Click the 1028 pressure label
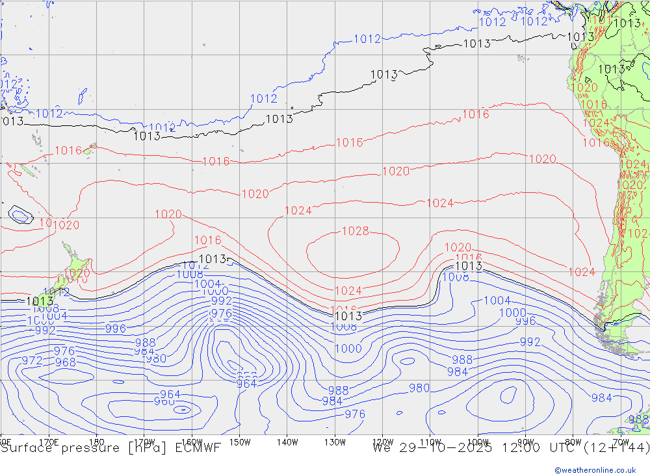pos(356,231)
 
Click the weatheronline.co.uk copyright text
pos(595,470)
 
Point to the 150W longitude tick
pos(240,442)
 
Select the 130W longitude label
pos(335,442)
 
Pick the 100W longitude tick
pos(478,442)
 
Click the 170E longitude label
pos(49,442)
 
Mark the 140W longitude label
pos(287,442)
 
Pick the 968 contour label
pos(65,362)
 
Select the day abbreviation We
pos(382,447)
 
